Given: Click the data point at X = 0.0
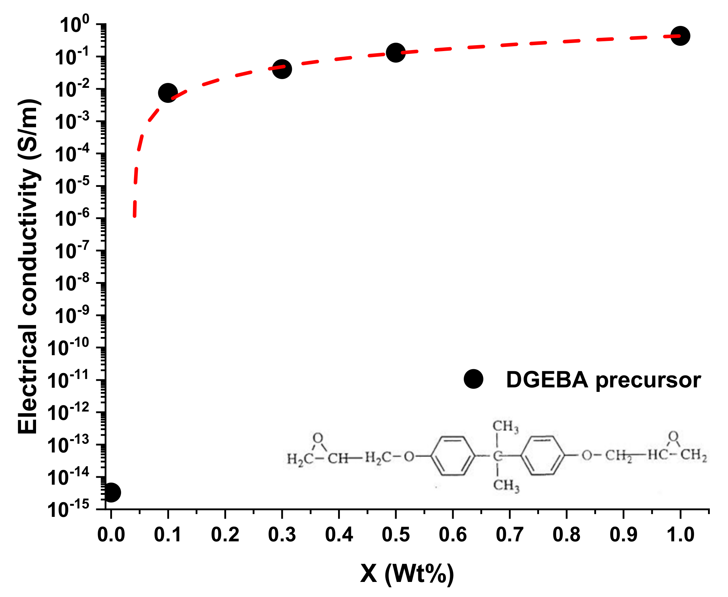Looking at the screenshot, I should (x=111, y=492).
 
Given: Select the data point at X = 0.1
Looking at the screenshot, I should (x=168, y=93).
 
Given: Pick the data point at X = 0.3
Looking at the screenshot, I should (x=282, y=69).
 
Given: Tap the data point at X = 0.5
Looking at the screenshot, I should (x=395, y=53).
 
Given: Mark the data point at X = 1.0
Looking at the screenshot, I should (x=680, y=36).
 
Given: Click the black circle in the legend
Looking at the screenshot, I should (x=473, y=379).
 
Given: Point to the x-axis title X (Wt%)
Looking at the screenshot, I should (x=407, y=574).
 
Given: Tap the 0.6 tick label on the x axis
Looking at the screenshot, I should (x=453, y=535).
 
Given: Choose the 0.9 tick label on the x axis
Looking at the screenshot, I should (x=623, y=535).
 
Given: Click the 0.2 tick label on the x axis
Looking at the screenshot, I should (x=225, y=535).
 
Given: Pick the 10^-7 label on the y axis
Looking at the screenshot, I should (x=72, y=251).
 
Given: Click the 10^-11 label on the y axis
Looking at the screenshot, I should (x=69, y=380).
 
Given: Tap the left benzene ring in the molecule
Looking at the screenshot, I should (x=453, y=456).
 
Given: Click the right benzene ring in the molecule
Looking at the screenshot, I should (x=542, y=455).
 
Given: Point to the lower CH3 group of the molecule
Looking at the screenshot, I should (x=506, y=485).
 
